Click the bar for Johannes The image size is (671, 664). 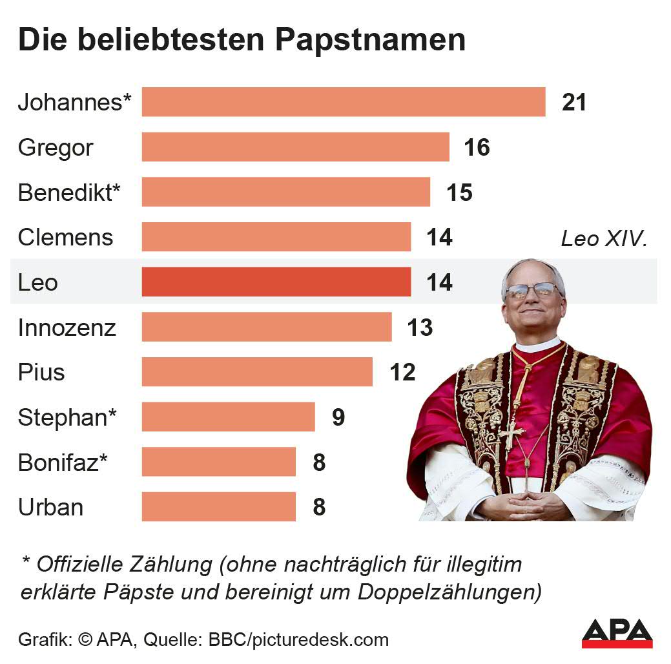tap(344, 102)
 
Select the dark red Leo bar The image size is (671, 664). tap(276, 282)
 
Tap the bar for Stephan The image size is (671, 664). tap(229, 417)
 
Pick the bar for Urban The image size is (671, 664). tap(219, 507)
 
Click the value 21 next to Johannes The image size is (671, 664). tap(573, 103)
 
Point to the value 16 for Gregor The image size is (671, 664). tap(477, 148)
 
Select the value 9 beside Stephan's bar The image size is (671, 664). tap(338, 418)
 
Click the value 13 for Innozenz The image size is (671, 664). tap(420, 328)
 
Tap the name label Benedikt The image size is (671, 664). tap(69, 193)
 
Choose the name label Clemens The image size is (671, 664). tap(65, 238)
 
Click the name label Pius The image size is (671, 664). tap(41, 373)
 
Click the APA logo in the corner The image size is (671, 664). tap(617, 632)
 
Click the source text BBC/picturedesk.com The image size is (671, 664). tap(298, 640)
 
